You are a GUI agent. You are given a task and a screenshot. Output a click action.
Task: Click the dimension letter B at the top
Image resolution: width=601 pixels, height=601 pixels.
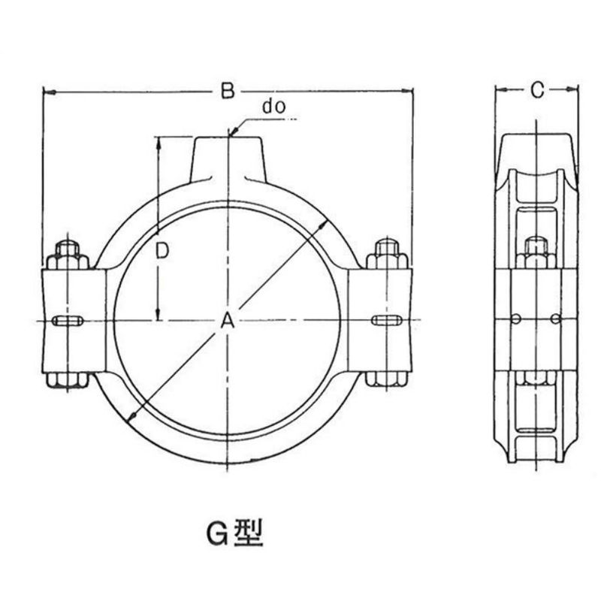click(228, 91)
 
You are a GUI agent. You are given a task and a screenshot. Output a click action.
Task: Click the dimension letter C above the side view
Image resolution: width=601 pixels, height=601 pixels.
click(537, 90)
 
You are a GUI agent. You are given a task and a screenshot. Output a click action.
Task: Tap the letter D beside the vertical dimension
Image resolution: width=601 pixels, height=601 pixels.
click(162, 252)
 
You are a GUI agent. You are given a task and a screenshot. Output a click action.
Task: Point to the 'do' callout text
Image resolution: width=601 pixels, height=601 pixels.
click(273, 107)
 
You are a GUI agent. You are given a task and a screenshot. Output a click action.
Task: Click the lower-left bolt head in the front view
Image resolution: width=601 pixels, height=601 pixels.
click(68, 380)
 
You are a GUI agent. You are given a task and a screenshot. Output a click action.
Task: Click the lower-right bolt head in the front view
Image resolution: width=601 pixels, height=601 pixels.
click(385, 379)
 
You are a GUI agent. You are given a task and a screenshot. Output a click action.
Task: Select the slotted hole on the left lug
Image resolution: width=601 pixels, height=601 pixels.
click(67, 321)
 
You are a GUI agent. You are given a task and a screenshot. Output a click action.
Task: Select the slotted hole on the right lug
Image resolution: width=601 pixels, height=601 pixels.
click(387, 320)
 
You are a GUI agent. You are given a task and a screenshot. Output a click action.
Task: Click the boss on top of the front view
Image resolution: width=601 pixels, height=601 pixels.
click(228, 159)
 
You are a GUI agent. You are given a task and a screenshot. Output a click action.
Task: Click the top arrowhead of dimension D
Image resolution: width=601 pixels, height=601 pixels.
click(158, 143)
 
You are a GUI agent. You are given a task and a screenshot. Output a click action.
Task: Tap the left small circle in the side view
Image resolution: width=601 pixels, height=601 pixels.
click(516, 319)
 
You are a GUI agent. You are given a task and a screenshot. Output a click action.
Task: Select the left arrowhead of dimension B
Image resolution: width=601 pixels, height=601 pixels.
click(50, 92)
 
